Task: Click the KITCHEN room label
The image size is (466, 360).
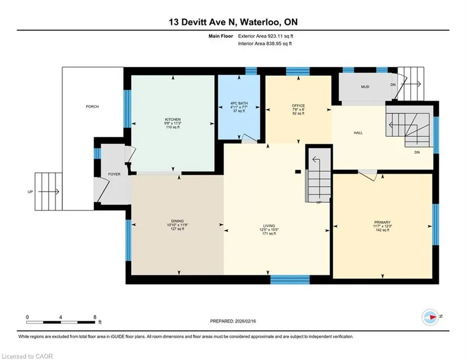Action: point(173,119)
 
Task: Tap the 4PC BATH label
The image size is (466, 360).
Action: point(239,103)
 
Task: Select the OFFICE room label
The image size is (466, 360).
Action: point(298,106)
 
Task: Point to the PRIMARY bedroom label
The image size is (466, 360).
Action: point(382,222)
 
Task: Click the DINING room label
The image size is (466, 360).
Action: point(177,221)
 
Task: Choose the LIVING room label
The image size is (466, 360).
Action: point(269,225)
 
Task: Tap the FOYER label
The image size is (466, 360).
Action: point(115,174)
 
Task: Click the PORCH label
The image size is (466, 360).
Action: point(92,106)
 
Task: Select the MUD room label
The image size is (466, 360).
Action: point(365,87)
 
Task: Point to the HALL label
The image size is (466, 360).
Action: point(358,133)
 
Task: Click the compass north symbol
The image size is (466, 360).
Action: point(430,317)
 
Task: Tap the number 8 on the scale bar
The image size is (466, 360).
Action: point(95,317)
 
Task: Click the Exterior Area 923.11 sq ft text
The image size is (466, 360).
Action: point(265,36)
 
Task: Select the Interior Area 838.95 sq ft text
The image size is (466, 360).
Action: point(265,44)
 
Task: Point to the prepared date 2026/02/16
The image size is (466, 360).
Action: point(246,321)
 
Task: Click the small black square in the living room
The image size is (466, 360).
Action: point(298,172)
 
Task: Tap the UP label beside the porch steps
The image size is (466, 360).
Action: point(31,192)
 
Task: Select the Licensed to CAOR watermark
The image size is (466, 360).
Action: point(27,356)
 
